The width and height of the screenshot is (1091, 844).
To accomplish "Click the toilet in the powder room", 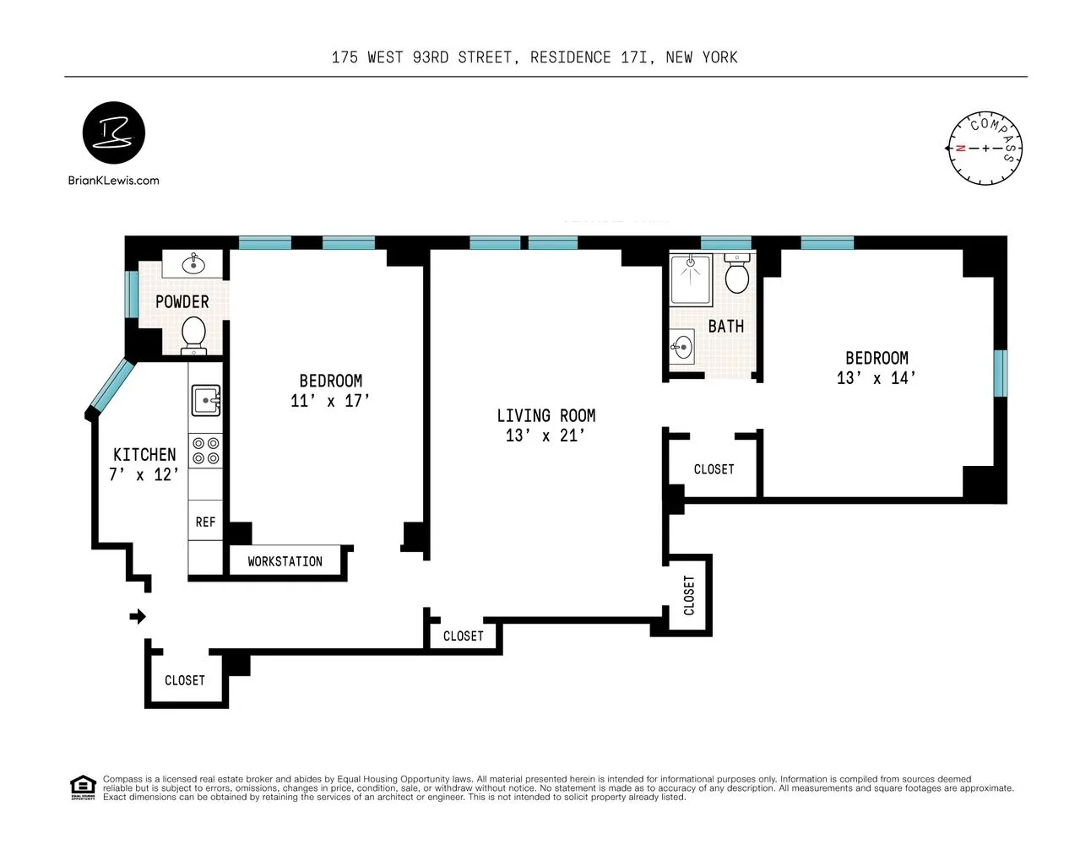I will click(193, 333).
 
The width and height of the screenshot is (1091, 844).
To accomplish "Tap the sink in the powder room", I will click(194, 263).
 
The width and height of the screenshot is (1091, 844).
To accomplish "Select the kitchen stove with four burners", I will click(205, 451).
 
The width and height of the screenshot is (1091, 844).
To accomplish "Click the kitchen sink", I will click(205, 400).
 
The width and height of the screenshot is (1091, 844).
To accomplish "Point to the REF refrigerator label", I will click(205, 522).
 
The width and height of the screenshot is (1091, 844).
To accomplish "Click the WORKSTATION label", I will click(285, 562).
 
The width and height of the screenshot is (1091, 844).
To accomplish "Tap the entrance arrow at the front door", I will click(137, 617).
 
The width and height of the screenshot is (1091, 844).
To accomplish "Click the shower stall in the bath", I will click(691, 279).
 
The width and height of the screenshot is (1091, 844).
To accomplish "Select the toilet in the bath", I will click(737, 274).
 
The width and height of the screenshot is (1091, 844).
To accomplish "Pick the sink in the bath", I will click(682, 347).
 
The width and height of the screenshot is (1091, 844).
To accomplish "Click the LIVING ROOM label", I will click(545, 416).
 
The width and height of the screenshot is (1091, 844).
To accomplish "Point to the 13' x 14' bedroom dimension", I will click(876, 379).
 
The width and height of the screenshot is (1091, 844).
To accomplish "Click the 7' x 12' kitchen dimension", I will click(144, 475).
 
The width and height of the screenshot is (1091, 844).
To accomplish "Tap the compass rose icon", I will click(985, 149).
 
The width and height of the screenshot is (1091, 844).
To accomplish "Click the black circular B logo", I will click(114, 133).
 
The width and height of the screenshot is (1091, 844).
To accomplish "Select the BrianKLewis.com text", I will click(113, 181).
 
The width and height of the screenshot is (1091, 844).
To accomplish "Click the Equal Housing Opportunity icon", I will click(83, 787).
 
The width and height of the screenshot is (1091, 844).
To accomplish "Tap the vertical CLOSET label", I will click(689, 595).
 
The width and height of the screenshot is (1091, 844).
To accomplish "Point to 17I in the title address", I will click(634, 57).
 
